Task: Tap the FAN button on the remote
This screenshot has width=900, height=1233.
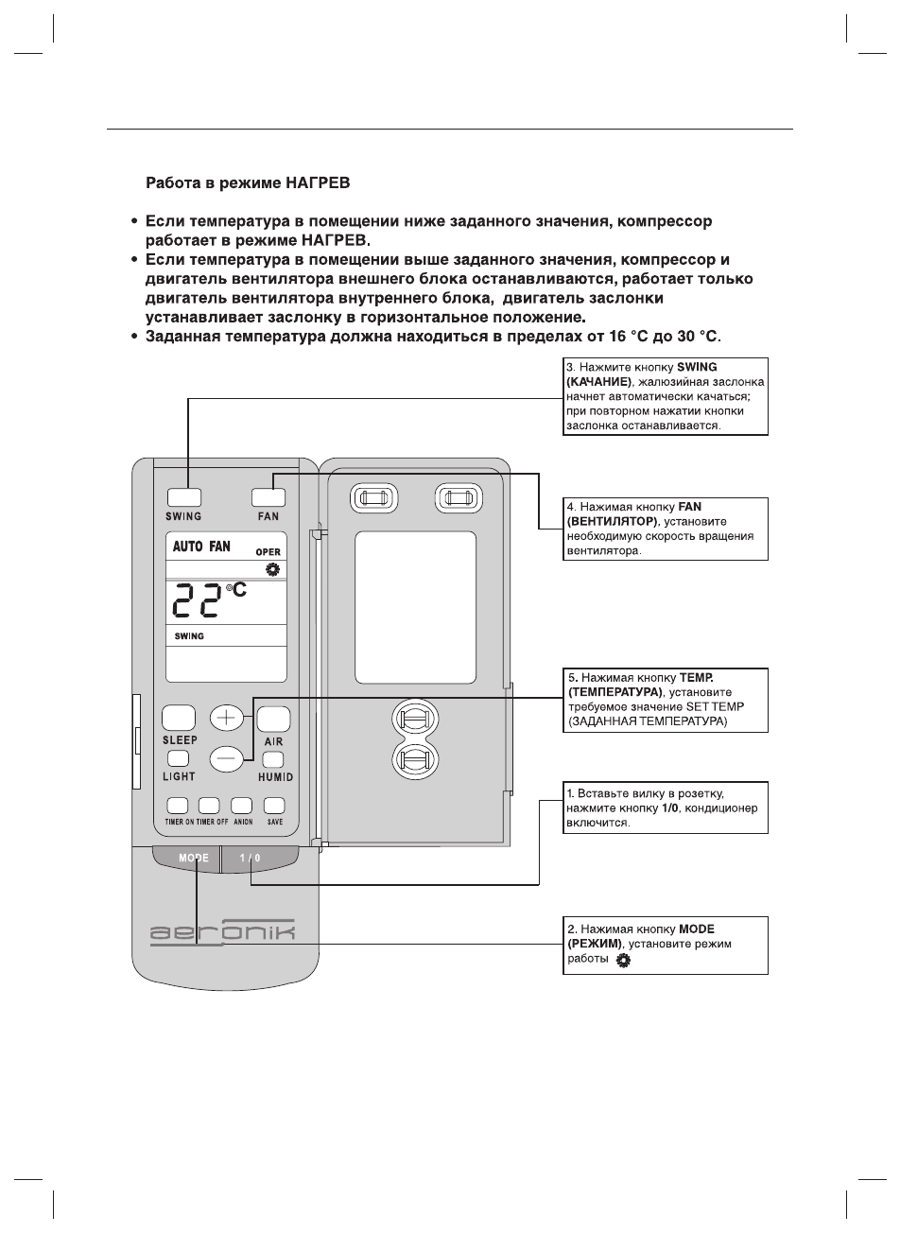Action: click(268, 497)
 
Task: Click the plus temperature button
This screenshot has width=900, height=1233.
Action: click(226, 718)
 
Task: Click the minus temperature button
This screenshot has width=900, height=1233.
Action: click(226, 756)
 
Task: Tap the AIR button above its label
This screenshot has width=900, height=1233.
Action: click(273, 720)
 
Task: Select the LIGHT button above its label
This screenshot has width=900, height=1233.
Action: click(179, 758)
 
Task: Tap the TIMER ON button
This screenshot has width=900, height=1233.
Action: click(177, 806)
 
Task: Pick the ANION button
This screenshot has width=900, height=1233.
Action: click(242, 806)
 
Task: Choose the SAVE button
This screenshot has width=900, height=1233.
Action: click(274, 806)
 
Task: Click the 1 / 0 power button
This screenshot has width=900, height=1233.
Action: click(251, 859)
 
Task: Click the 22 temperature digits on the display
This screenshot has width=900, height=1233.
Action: click(198, 607)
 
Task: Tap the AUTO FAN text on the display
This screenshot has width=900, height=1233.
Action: click(201, 547)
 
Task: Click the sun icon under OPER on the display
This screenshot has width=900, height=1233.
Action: click(273, 569)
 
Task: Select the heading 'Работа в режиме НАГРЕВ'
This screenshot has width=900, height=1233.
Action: click(248, 180)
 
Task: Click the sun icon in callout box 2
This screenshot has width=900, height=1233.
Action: click(623, 961)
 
